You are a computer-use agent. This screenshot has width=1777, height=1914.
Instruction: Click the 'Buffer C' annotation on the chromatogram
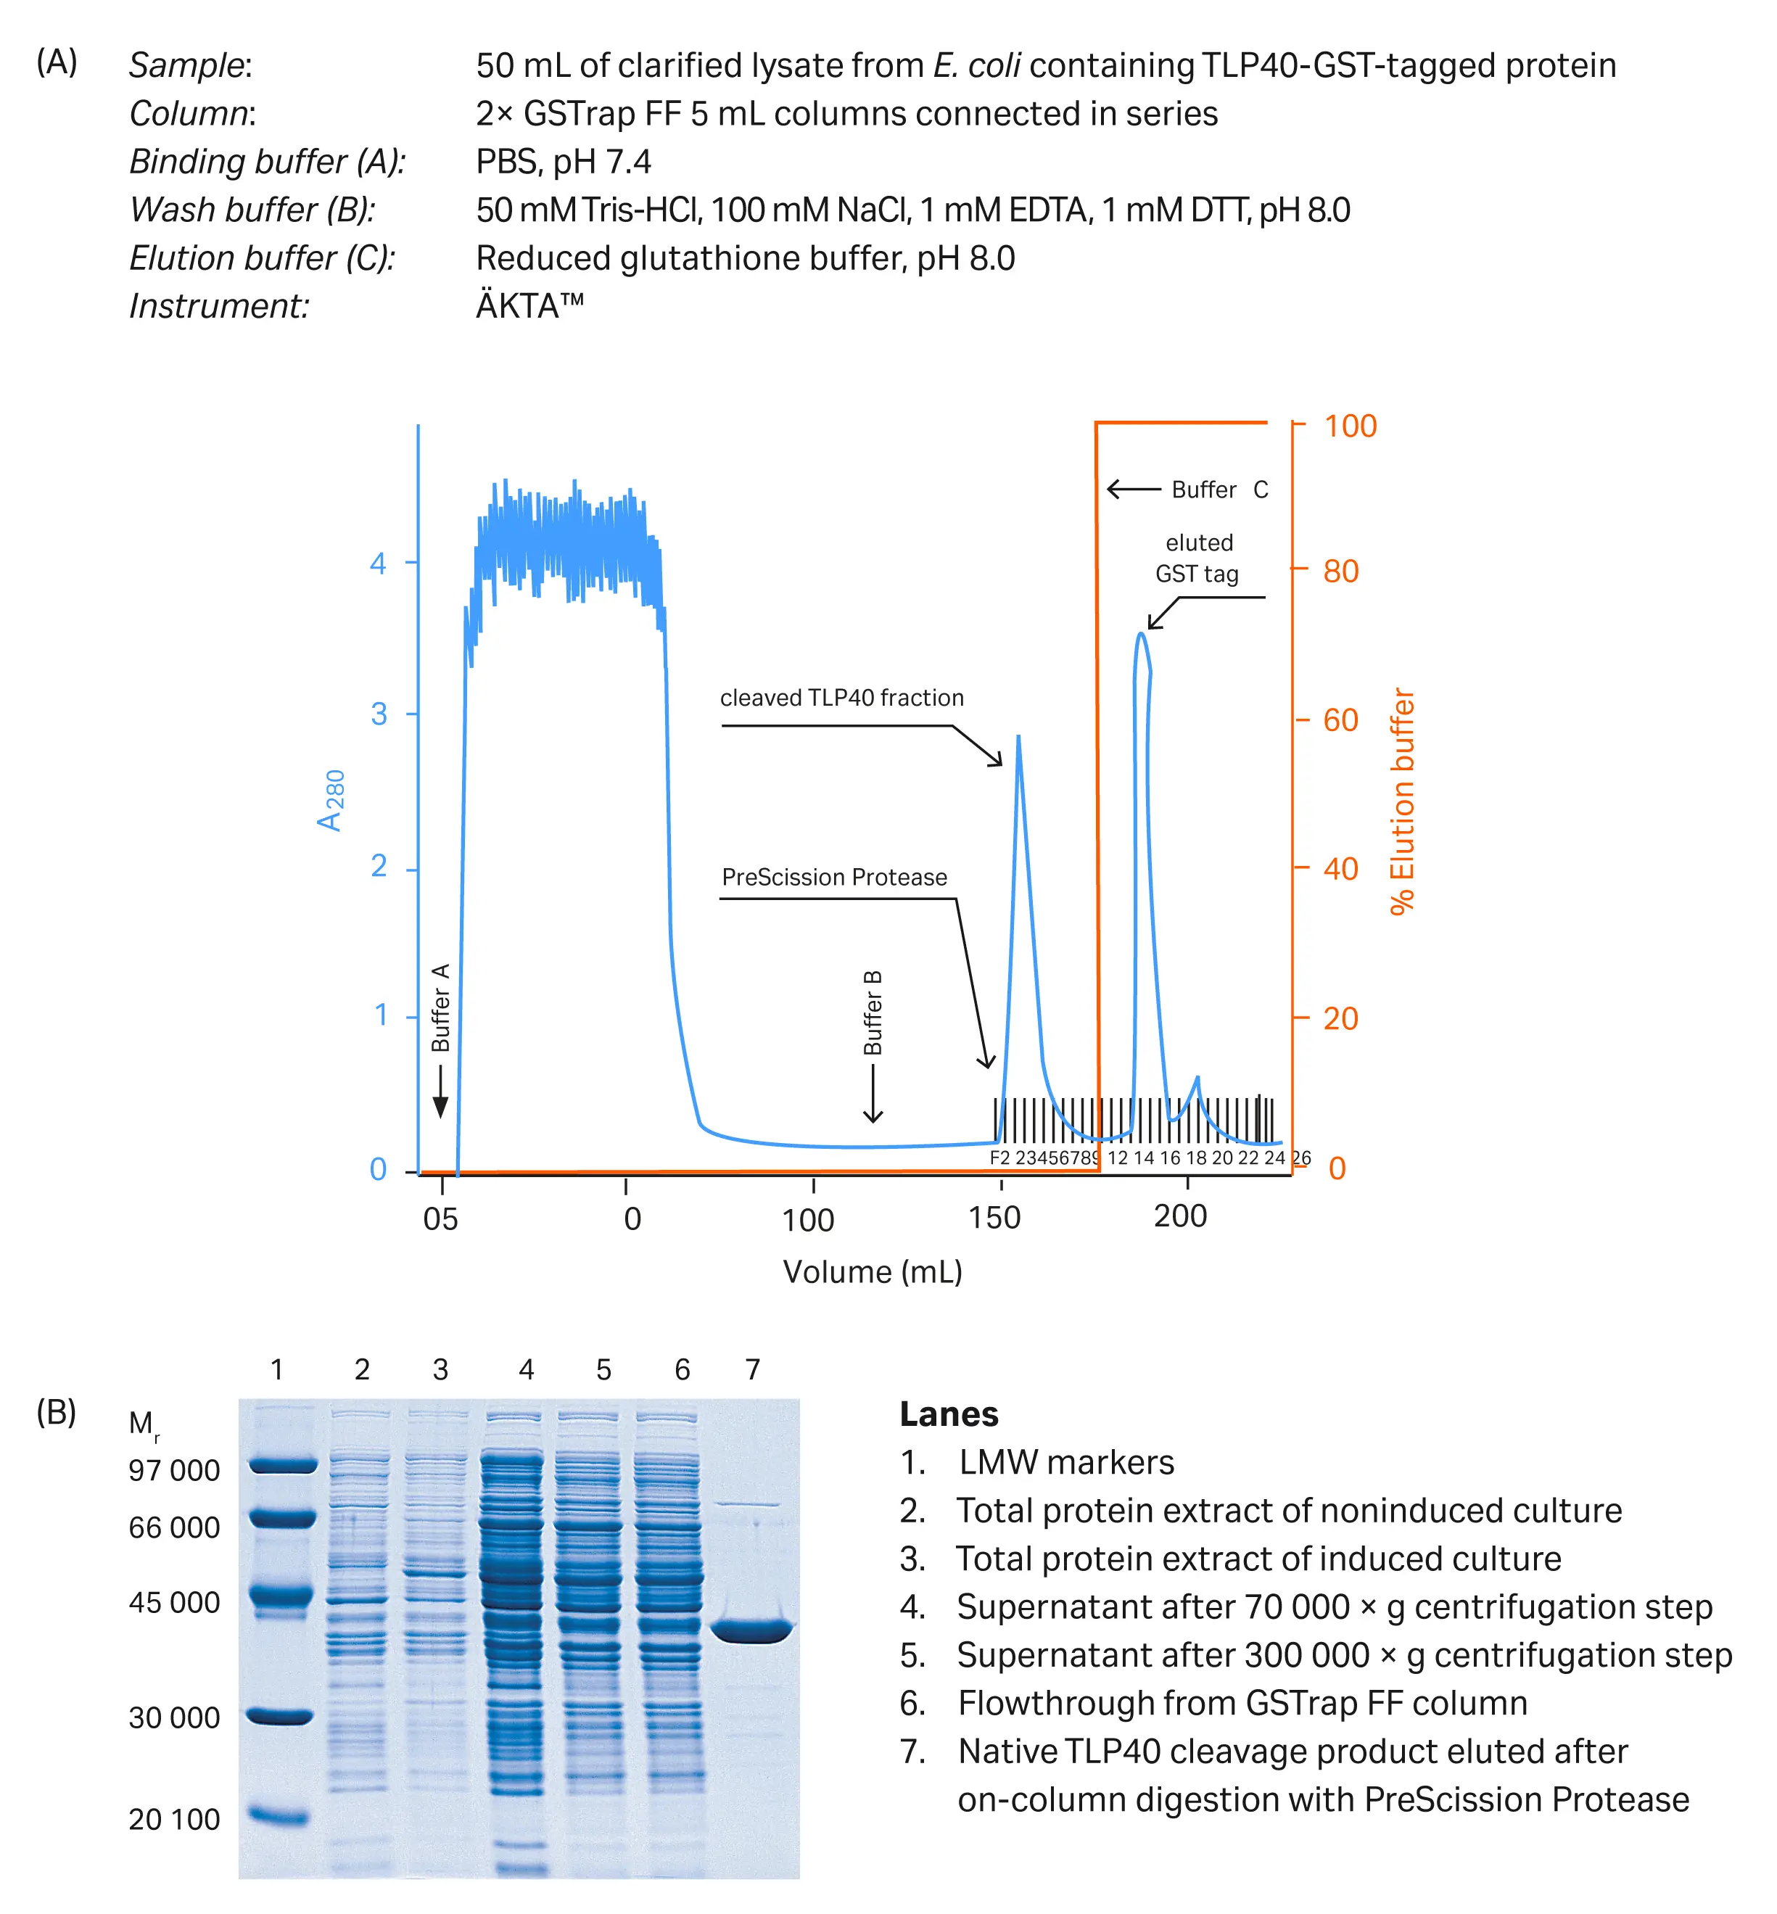click(x=1219, y=490)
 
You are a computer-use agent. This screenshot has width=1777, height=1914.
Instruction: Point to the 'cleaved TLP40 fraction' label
click(x=841, y=698)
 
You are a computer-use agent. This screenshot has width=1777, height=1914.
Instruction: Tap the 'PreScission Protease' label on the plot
click(x=833, y=877)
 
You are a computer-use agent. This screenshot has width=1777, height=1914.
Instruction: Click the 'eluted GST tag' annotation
click(x=1197, y=558)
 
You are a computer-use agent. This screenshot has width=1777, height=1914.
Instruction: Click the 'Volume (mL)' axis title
click(x=872, y=1272)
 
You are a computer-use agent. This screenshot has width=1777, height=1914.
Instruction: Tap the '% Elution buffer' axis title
click(x=1402, y=801)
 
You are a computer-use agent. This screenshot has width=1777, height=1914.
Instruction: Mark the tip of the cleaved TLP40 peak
click(x=1018, y=738)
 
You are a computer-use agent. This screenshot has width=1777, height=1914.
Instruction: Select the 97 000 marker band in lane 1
click(x=281, y=1465)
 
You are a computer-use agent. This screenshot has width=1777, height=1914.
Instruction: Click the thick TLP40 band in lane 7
click(x=752, y=1630)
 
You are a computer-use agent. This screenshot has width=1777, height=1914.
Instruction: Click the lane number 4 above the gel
click(x=526, y=1369)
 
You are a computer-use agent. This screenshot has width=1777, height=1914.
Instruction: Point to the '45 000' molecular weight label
click(x=174, y=1603)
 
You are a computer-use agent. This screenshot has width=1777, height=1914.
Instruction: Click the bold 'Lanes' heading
click(x=948, y=1414)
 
